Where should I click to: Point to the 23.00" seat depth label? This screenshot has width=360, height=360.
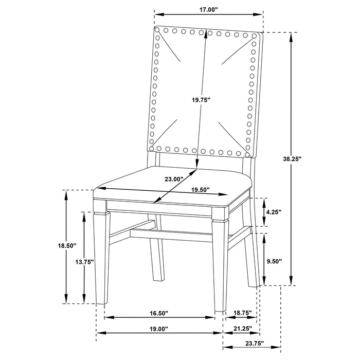174,179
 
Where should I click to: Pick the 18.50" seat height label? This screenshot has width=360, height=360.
67,246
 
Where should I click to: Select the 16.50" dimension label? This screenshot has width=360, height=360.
159,312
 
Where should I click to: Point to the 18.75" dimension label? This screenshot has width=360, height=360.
241,312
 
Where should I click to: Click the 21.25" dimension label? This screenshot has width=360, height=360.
242,328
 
